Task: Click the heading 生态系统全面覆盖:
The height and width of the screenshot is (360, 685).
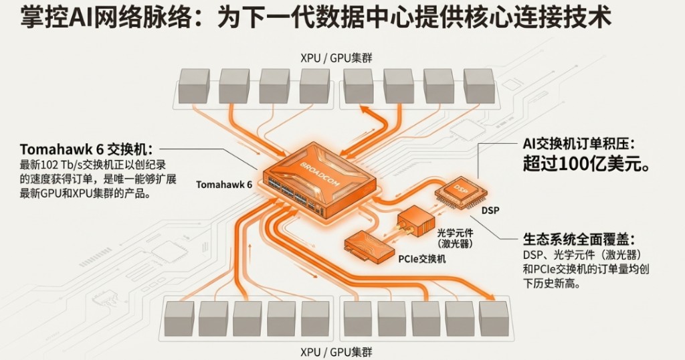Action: (x=579, y=239)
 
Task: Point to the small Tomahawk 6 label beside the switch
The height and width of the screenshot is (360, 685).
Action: (x=224, y=184)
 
